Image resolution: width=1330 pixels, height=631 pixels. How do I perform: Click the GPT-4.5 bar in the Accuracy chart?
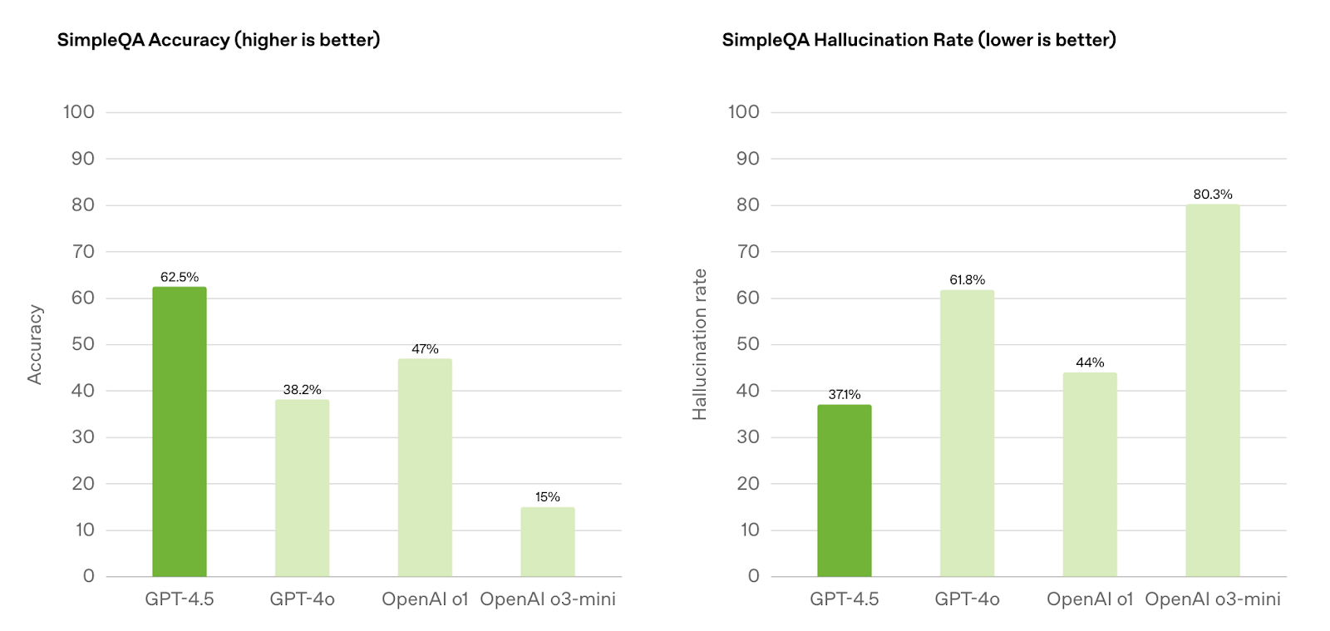tap(180, 431)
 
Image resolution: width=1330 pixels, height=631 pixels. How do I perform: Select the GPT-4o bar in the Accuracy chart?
tap(303, 488)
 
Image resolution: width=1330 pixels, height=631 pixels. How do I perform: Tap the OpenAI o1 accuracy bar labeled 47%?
tap(425, 468)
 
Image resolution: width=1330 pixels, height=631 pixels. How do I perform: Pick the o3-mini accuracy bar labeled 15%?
tap(548, 542)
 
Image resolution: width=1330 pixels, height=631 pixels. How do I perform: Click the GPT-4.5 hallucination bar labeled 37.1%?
tap(845, 491)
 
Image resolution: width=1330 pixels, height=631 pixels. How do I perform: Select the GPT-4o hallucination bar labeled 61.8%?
tap(968, 433)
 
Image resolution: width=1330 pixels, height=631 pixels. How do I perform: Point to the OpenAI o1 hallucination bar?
tap(1090, 474)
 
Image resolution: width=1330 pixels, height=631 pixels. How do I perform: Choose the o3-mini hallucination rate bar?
tap(1213, 391)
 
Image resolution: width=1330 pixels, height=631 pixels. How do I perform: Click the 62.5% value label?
tap(180, 277)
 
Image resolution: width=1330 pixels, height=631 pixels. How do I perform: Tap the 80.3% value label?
tap(1213, 194)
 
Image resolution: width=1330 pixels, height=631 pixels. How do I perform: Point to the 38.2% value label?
tap(303, 389)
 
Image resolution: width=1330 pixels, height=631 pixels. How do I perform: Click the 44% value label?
tap(1090, 362)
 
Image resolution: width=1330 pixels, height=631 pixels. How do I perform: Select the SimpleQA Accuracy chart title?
tap(219, 40)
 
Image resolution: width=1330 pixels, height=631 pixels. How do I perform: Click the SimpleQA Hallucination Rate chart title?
tap(919, 40)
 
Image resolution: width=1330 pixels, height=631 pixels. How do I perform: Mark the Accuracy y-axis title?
tap(35, 345)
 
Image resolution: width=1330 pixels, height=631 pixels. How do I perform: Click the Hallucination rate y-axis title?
tap(700, 345)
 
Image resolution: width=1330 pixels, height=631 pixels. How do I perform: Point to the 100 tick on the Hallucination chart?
tap(744, 111)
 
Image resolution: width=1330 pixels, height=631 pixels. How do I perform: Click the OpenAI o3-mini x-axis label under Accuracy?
tap(548, 599)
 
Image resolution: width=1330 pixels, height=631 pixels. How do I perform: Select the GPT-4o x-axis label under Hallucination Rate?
tap(968, 599)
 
